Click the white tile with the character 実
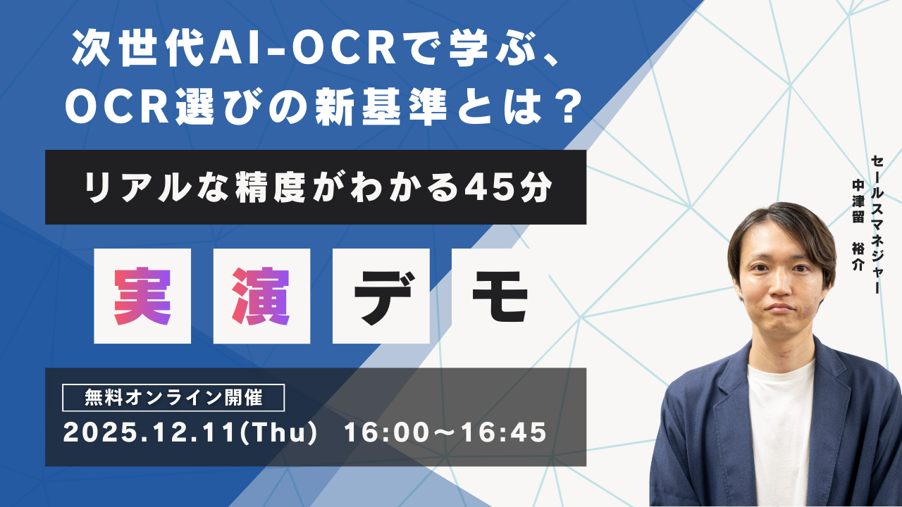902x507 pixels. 142,296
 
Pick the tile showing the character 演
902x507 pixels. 261,296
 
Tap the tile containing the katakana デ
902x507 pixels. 381,296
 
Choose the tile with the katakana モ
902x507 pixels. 500,296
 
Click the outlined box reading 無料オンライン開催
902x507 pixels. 173,398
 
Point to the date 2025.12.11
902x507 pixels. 149,433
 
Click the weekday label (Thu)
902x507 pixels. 278,433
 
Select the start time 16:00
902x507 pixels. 386,433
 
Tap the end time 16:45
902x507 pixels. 504,433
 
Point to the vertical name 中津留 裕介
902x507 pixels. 858,225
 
